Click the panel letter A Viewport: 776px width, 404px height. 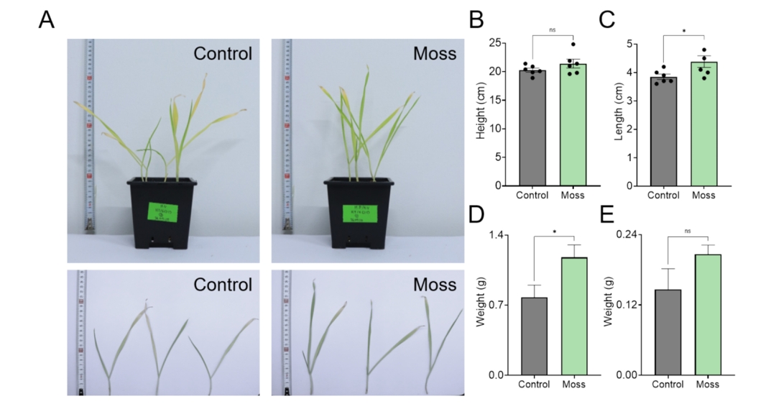[46, 21]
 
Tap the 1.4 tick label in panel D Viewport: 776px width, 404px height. [496, 235]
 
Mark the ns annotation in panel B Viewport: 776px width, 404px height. [553, 30]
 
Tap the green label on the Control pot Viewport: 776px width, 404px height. [161, 210]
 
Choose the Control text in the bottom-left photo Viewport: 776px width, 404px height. [223, 284]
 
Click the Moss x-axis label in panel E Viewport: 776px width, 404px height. [708, 385]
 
